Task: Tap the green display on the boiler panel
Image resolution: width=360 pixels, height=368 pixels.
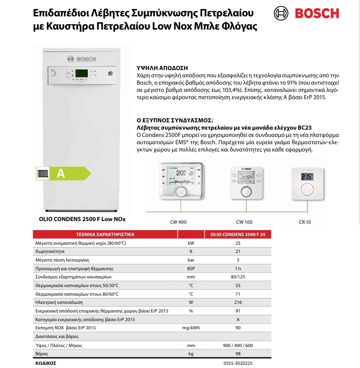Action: point(82,74)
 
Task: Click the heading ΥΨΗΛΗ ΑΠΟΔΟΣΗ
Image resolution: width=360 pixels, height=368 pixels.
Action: point(156,66)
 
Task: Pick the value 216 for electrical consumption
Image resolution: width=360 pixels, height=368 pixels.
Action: point(238,302)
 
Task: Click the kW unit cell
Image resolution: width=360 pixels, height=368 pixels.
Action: point(191,243)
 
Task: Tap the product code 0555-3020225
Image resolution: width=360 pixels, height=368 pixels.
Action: point(238,363)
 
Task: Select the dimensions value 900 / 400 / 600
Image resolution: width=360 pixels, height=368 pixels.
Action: point(238,345)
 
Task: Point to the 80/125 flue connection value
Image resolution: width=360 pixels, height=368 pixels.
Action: point(238,277)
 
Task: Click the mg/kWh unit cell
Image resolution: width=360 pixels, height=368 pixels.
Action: point(191,328)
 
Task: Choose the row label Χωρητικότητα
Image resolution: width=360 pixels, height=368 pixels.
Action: point(50,251)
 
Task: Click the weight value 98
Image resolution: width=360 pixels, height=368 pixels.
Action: point(238,353)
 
